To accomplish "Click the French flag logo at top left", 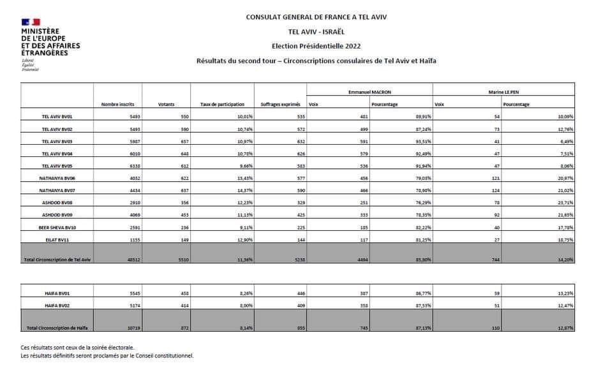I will point(31,22).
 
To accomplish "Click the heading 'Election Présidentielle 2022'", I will point(317,45).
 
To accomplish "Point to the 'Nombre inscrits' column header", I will point(116,105).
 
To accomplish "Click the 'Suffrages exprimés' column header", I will point(280,105).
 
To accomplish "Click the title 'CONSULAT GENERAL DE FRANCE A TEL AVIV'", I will point(316,17).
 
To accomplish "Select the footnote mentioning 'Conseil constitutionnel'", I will point(107,355).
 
